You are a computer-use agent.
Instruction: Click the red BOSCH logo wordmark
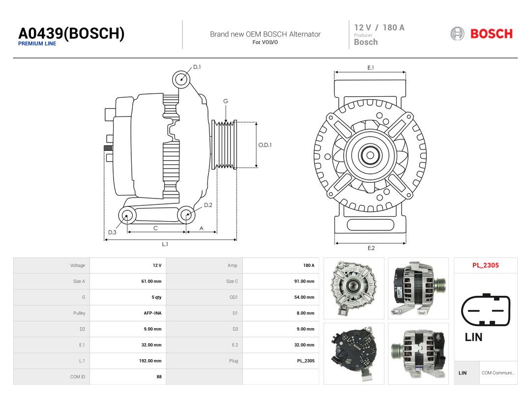tap(491, 34)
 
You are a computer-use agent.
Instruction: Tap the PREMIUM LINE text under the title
tap(37, 44)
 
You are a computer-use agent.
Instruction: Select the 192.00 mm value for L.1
tap(150, 361)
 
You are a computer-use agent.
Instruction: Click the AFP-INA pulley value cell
tap(153, 313)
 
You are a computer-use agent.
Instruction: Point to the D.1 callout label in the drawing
tap(197, 67)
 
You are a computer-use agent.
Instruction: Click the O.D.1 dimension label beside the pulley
tap(265, 145)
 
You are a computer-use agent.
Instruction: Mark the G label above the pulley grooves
tap(226, 101)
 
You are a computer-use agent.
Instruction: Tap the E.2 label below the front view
tap(371, 248)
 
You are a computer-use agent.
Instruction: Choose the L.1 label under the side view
tap(165, 244)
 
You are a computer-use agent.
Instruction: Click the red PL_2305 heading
tap(486, 265)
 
